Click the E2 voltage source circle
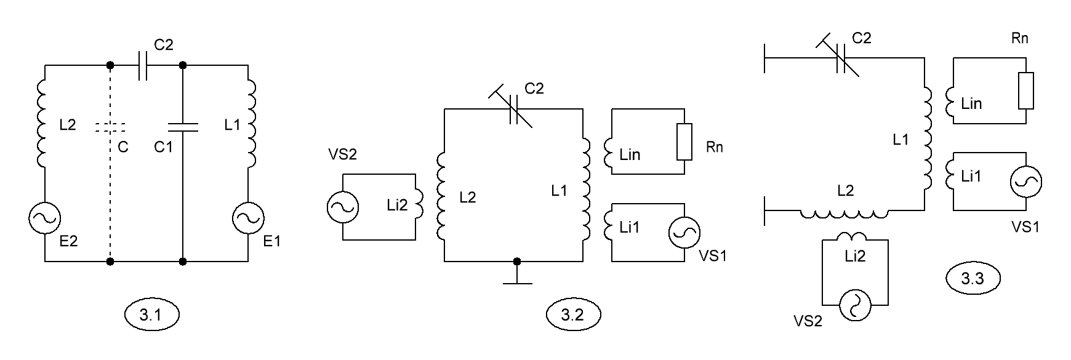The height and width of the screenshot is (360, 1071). coord(45,218)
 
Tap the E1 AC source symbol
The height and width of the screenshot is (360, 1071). coord(248,218)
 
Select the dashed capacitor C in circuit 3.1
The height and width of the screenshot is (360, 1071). coord(110,127)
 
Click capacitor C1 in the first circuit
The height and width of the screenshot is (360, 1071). coord(183,127)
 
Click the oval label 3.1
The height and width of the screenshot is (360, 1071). coord(151,316)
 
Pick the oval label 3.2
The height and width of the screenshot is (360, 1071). coord(573,316)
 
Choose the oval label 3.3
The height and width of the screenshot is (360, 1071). coord(973,279)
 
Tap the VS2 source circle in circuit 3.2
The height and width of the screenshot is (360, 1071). coord(342,207)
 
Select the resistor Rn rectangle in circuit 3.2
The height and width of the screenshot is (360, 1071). coord(684,142)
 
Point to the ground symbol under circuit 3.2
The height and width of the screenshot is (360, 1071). coord(517,273)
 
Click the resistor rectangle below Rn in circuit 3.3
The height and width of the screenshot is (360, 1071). coord(1026,90)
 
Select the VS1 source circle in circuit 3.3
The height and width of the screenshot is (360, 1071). coord(1025,182)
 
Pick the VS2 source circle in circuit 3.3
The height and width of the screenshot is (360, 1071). coord(856,306)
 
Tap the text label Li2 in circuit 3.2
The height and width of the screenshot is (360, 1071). coord(398,206)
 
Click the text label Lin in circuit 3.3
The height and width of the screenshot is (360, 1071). coord(971,103)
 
